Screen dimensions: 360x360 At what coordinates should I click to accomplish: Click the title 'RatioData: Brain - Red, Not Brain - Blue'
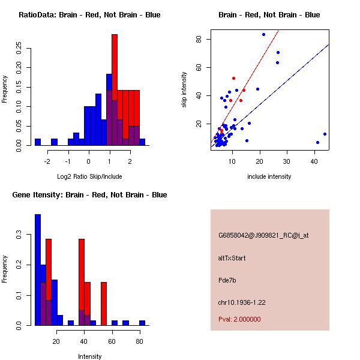(89, 15)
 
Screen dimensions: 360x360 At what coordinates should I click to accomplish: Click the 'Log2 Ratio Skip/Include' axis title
(89, 176)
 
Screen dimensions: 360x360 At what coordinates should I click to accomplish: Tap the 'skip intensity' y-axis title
(184, 90)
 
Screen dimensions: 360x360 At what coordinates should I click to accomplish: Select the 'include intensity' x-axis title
(269, 176)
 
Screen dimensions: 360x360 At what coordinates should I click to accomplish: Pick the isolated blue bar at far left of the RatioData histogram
(38, 142)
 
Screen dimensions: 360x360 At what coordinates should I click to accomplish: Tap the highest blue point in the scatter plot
(263, 34)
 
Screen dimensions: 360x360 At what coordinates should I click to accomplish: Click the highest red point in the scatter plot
(233, 78)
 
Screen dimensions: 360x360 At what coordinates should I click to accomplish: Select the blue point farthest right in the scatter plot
(325, 134)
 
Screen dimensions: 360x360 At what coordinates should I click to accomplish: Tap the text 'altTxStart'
(232, 258)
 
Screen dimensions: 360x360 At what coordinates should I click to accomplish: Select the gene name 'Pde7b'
(227, 280)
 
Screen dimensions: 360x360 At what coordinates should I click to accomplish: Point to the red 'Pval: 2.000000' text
(240, 319)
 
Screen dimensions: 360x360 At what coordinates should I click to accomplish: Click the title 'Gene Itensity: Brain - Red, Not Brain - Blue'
(89, 195)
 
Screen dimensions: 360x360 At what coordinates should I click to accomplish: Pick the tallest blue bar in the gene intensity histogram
(38, 270)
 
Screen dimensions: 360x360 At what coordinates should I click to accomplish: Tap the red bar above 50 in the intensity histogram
(104, 303)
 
